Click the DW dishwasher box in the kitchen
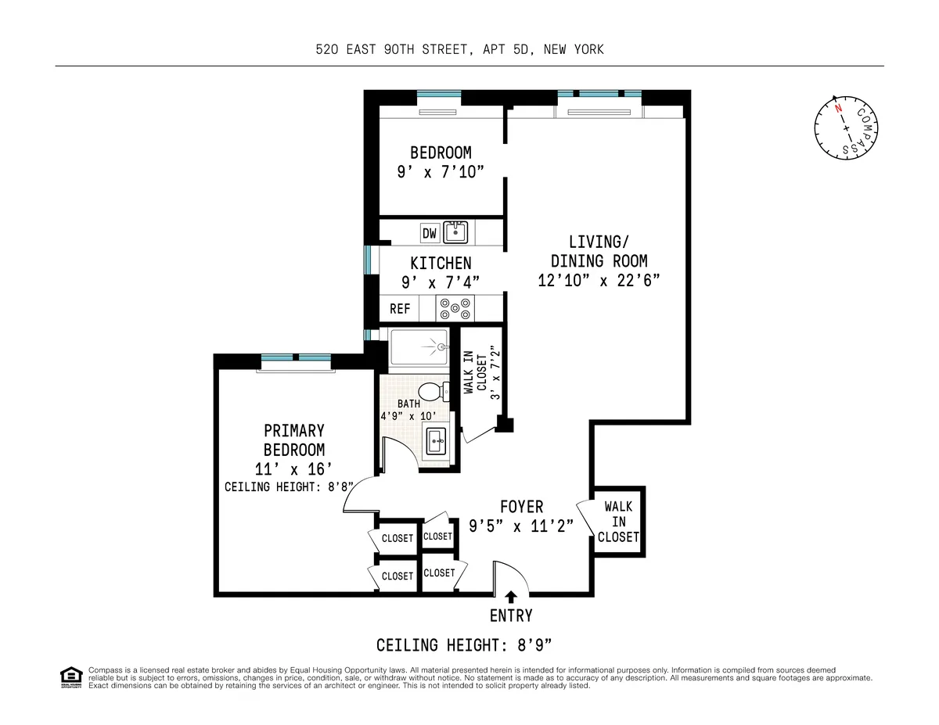(x=429, y=233)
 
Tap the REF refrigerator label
(x=400, y=309)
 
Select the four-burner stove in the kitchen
(x=455, y=309)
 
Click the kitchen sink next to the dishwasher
(x=455, y=232)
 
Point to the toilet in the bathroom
(x=431, y=392)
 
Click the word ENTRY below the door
(x=511, y=616)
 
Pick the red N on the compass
(x=837, y=109)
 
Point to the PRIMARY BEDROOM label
(x=293, y=440)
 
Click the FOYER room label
(x=521, y=507)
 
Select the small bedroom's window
(x=439, y=96)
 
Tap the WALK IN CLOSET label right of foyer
(x=618, y=522)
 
